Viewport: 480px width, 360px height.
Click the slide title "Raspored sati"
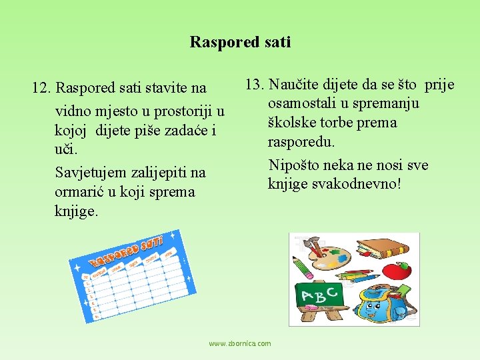(240, 42)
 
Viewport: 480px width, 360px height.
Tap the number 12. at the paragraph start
(43, 88)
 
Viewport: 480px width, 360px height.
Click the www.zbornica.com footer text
(240, 343)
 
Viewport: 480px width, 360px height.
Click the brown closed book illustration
(385, 249)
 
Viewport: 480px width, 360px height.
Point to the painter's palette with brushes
(327, 252)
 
